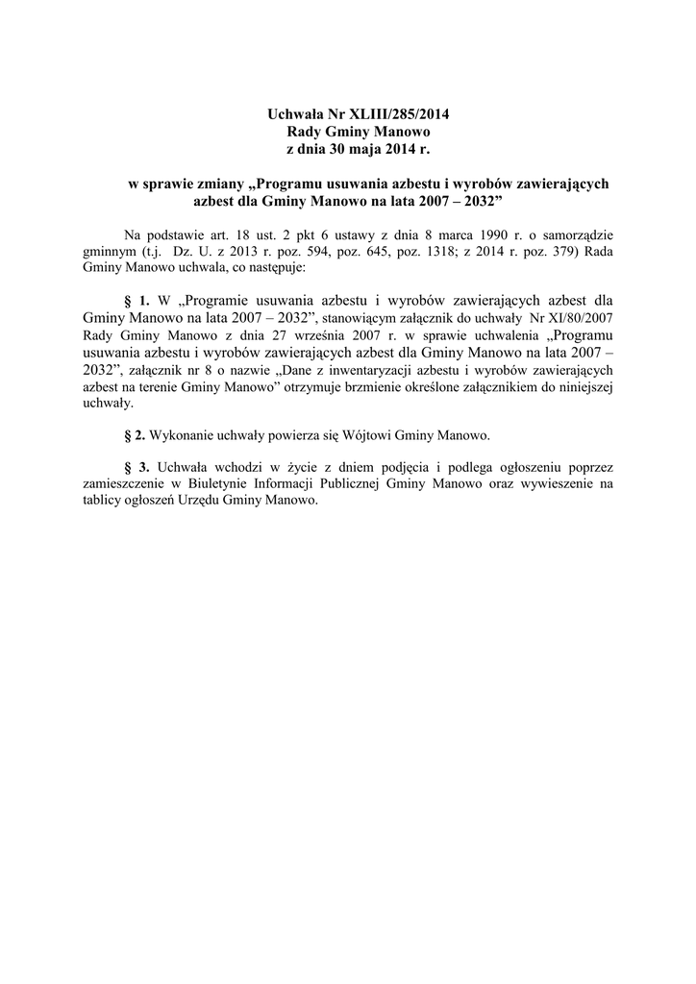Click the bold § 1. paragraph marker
pos(138,300)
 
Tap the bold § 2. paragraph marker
pos(136,435)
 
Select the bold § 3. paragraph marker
pos(138,468)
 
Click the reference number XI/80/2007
pos(572,316)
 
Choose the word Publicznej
pos(404,485)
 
